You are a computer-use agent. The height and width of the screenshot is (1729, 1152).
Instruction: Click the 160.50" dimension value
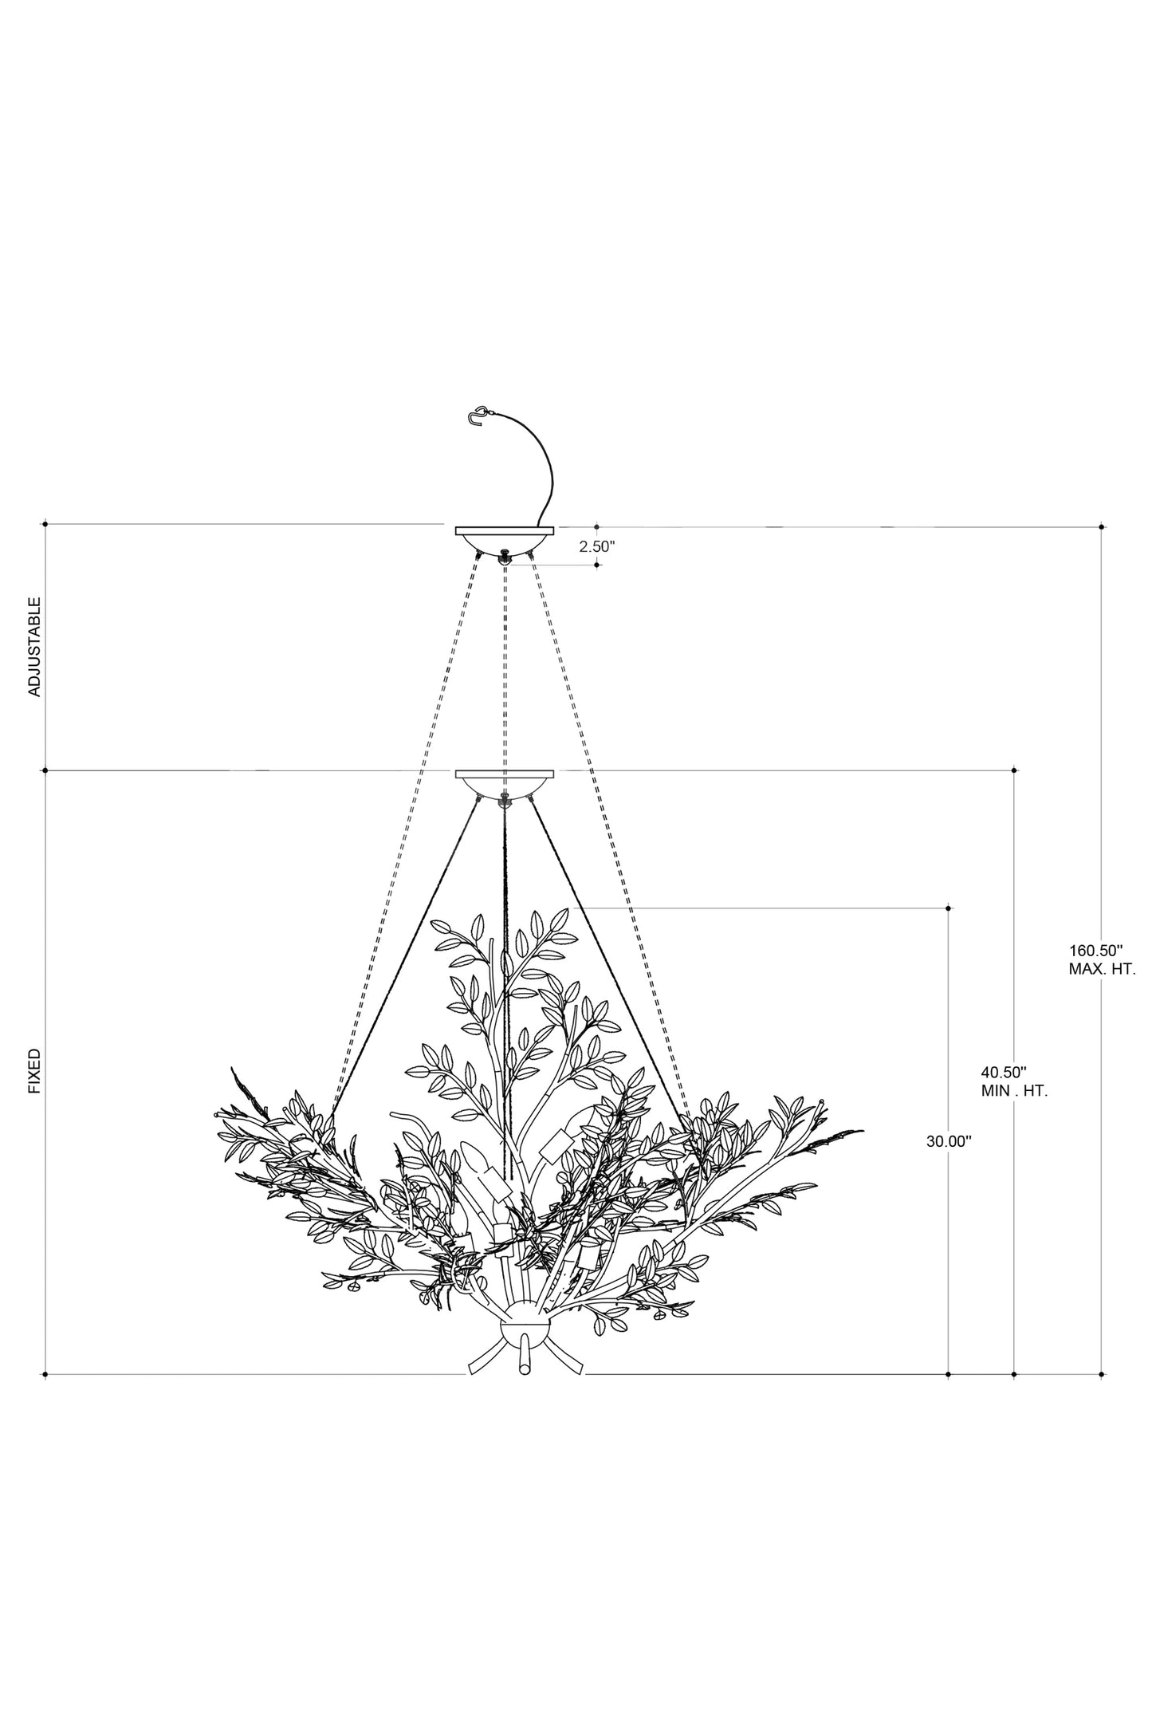(x=1095, y=950)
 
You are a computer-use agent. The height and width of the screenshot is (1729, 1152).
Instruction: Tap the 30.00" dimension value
(x=949, y=1141)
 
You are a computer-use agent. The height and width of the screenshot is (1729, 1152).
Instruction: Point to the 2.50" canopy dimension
(x=598, y=546)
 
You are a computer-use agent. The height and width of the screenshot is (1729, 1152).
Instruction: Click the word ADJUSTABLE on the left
(x=34, y=647)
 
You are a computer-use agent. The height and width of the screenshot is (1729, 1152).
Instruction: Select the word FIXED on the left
(x=34, y=1071)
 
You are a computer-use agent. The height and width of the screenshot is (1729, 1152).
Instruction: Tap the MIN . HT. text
(x=1014, y=1092)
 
